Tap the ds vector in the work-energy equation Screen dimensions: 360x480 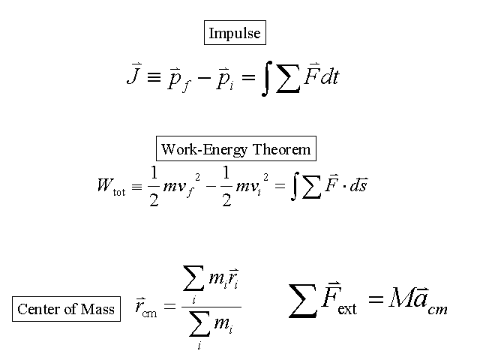pos(358,184)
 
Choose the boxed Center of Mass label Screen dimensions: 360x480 pos(66,309)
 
